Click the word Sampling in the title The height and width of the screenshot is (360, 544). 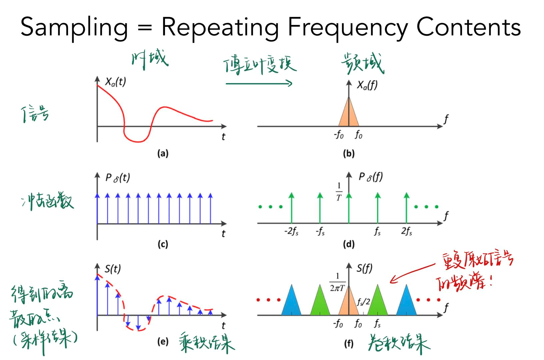click(x=74, y=27)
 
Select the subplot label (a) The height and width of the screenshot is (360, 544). click(x=163, y=153)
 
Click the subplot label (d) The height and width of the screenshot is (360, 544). click(x=349, y=244)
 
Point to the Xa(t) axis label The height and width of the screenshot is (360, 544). click(x=115, y=82)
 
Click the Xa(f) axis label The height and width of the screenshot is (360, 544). click(x=367, y=85)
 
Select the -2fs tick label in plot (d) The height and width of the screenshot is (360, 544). click(x=291, y=231)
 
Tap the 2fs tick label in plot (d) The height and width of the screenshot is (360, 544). click(x=406, y=231)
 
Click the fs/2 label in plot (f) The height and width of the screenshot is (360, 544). click(x=363, y=302)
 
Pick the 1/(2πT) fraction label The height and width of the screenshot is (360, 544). click(x=337, y=282)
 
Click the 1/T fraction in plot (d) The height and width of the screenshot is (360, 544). click(x=339, y=192)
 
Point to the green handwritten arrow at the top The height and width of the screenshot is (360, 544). click(x=259, y=83)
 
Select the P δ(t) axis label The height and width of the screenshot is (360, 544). click(x=117, y=178)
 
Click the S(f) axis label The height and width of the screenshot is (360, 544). click(x=364, y=269)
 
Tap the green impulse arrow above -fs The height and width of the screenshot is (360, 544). click(x=320, y=207)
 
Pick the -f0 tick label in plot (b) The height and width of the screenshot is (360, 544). click(x=339, y=135)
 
